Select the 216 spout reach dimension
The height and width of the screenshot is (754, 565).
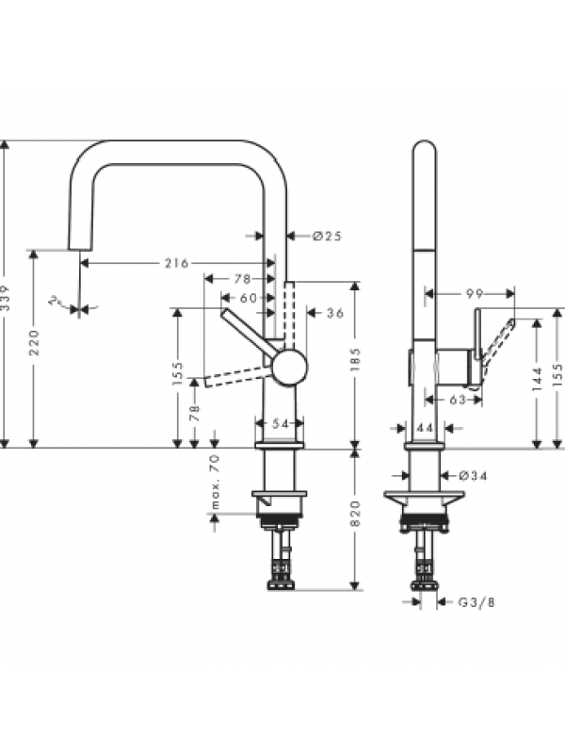(x=176, y=262)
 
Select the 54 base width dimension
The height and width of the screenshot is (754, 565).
(x=280, y=425)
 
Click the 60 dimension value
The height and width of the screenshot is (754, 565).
(x=248, y=297)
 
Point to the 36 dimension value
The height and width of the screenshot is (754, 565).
(x=334, y=313)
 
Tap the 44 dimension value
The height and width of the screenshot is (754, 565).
(x=425, y=428)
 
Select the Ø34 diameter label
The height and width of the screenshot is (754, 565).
(x=476, y=475)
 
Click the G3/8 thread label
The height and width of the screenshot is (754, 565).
(x=476, y=601)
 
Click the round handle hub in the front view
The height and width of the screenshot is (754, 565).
(x=288, y=366)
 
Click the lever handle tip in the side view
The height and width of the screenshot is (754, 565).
(x=512, y=322)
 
